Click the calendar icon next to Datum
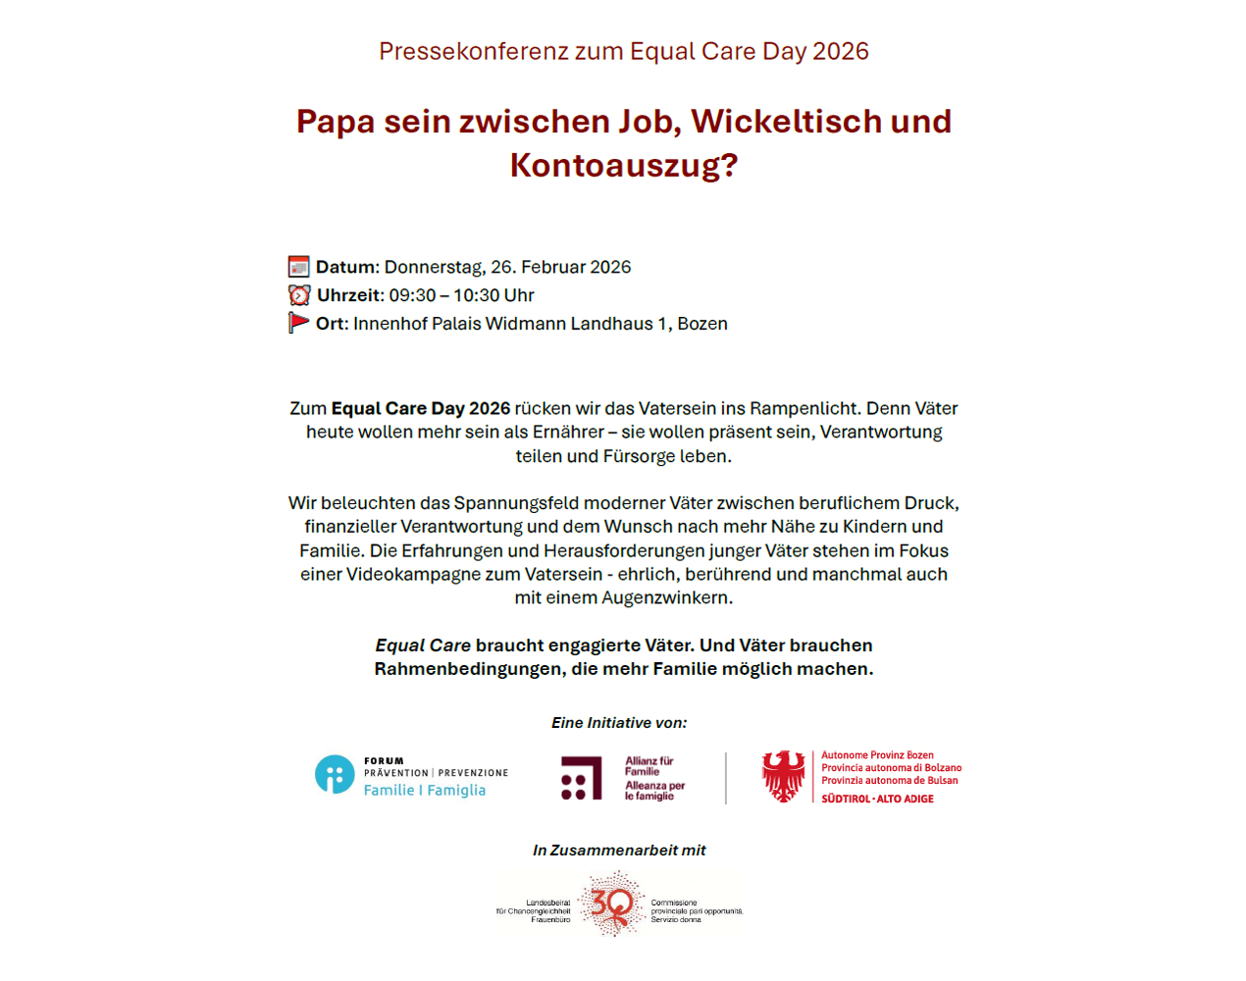pos(298,267)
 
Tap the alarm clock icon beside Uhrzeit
pos(299,295)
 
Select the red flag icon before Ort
pos(298,323)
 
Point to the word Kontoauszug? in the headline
pos(623,165)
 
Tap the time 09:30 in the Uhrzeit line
pos(412,295)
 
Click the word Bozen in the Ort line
pos(702,324)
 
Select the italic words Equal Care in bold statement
pos(423,645)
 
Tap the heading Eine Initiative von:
pos(619,723)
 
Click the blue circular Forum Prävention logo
pos(335,774)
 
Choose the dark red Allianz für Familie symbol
pos(581,777)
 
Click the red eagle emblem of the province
pos(784,776)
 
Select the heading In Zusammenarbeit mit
pos(619,851)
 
